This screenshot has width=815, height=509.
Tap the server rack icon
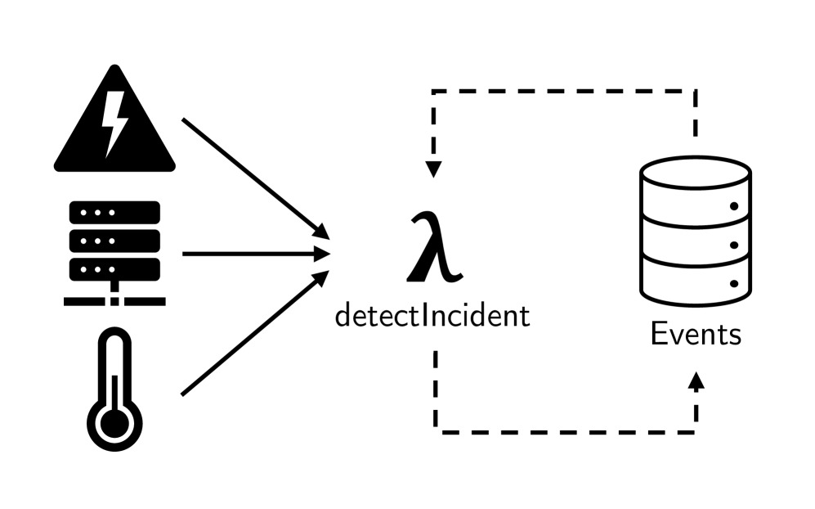[x=114, y=250]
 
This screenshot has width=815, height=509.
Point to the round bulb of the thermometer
[x=114, y=423]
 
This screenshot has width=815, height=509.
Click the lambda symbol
[x=434, y=245]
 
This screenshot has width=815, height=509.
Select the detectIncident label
[x=432, y=315]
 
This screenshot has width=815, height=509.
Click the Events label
[x=696, y=334]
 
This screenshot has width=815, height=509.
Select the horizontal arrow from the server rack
[x=253, y=254]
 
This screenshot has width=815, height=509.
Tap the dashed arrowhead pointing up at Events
[x=696, y=381]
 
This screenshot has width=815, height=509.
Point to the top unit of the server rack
[x=114, y=213]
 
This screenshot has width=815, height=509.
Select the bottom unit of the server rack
[x=114, y=268]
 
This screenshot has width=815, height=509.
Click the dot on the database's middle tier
[x=733, y=244]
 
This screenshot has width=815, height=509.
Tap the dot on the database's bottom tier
[x=733, y=283]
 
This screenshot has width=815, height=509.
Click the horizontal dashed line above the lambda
[x=564, y=91]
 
